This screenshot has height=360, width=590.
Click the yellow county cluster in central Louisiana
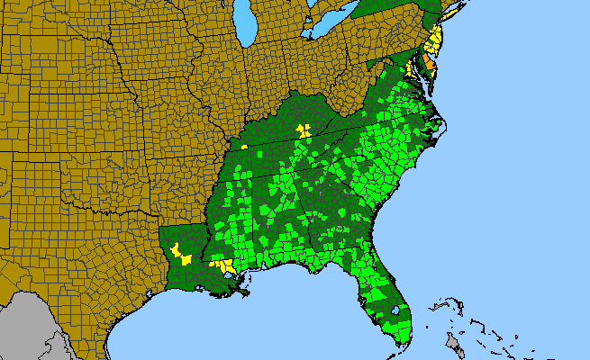point(180,255)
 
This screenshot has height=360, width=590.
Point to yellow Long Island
point(450,37)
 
